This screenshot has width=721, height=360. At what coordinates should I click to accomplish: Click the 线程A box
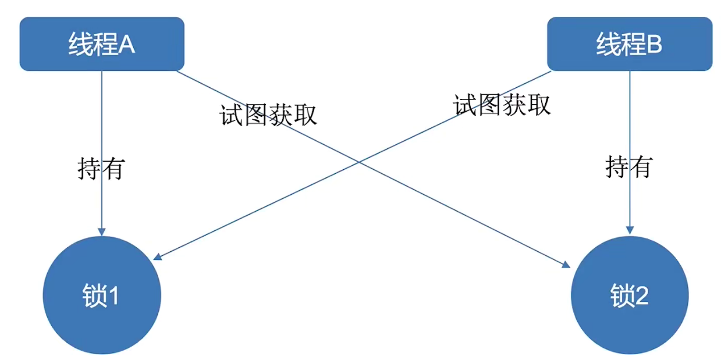(102, 44)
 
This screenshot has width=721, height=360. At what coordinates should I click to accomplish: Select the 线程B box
(630, 44)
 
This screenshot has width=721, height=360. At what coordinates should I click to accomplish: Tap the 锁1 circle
(102, 296)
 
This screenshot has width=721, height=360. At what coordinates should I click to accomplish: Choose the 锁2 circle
(630, 296)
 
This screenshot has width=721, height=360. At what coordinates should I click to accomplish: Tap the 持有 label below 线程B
(629, 167)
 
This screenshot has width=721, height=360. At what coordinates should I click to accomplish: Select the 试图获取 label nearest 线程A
(268, 115)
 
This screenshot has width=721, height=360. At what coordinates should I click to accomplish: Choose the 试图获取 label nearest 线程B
(502, 105)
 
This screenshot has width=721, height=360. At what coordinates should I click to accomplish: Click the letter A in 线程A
(127, 45)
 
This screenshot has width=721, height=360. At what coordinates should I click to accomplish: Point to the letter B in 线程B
(654, 45)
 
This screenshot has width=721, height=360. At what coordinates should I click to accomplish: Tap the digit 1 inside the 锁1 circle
(114, 297)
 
